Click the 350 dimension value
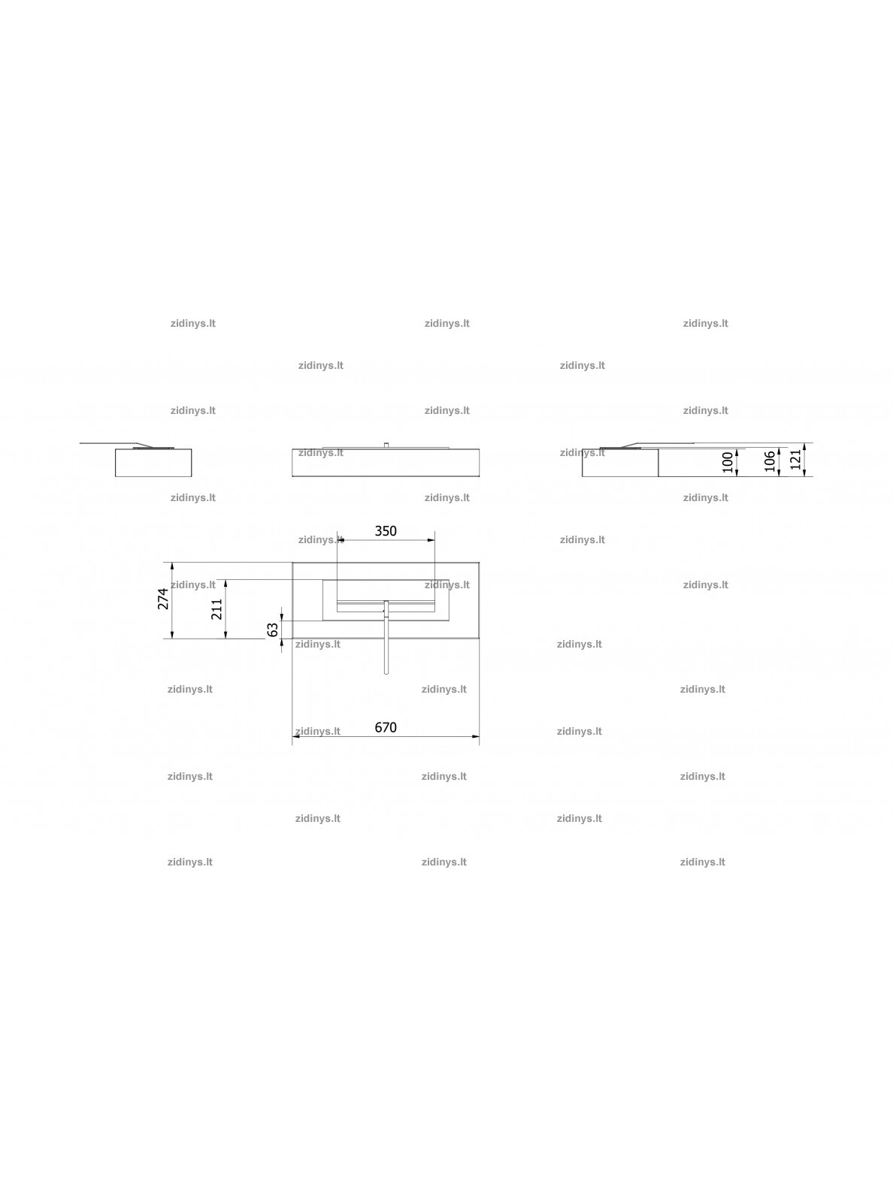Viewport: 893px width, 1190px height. click(x=386, y=531)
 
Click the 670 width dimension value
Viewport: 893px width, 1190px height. click(x=386, y=727)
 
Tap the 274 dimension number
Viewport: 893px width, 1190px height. click(x=163, y=599)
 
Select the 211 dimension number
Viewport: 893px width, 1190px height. click(x=217, y=609)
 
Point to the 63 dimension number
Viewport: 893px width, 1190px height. click(x=273, y=630)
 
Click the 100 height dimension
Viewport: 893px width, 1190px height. click(x=728, y=462)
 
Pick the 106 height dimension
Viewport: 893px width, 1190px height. click(x=770, y=461)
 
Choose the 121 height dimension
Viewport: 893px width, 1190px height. click(x=795, y=459)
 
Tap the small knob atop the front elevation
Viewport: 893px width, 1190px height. click(x=386, y=445)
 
